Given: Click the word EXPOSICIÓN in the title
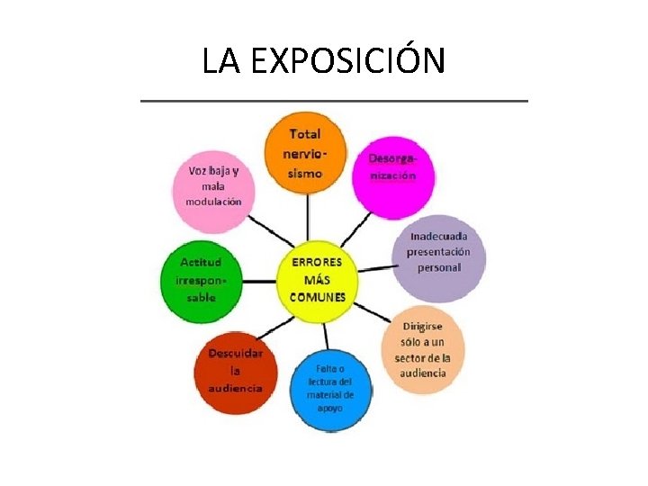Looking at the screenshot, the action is (x=347, y=61).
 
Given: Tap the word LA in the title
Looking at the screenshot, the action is (x=221, y=61).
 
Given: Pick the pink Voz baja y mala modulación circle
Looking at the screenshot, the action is (x=214, y=187).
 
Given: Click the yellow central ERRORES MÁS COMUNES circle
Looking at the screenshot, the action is (x=317, y=280).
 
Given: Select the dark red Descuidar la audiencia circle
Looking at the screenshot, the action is (x=235, y=369).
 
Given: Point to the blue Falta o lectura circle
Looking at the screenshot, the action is (x=329, y=387).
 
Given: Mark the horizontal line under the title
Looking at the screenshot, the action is (x=334, y=101).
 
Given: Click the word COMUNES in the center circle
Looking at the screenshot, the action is (x=317, y=298).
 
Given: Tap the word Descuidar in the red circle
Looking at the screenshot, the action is (x=235, y=353).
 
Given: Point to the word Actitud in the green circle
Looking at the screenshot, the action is (x=202, y=261).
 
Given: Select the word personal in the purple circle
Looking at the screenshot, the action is (x=438, y=267).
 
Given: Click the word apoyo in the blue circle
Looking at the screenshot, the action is (x=329, y=408).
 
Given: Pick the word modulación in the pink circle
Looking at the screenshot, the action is (x=213, y=202).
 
